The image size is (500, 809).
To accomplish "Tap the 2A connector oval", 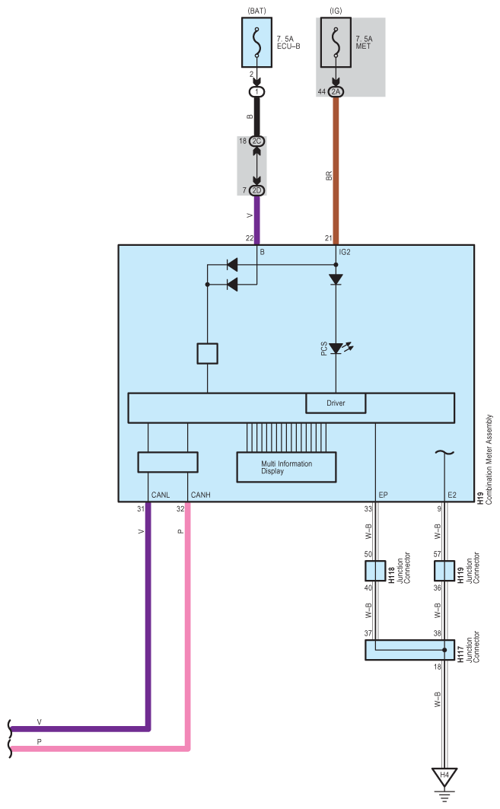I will [x=336, y=91].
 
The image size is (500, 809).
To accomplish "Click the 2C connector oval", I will [x=256, y=142].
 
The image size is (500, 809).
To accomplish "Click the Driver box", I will [x=336, y=403].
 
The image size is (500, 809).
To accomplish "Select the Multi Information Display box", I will [x=287, y=467].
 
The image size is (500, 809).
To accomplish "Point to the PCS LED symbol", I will [x=336, y=348].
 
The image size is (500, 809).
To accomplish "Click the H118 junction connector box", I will [x=375, y=572].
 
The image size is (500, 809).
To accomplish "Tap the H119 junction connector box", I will [x=444, y=572].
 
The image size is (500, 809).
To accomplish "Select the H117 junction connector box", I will [x=410, y=650].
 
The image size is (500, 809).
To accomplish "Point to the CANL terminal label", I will [x=161, y=495].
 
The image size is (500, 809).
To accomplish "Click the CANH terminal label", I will [x=201, y=495].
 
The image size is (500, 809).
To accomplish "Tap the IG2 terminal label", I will [x=344, y=250].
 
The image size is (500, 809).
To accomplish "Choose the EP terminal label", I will [x=383, y=495].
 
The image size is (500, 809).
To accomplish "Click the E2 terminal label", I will [x=453, y=495].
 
